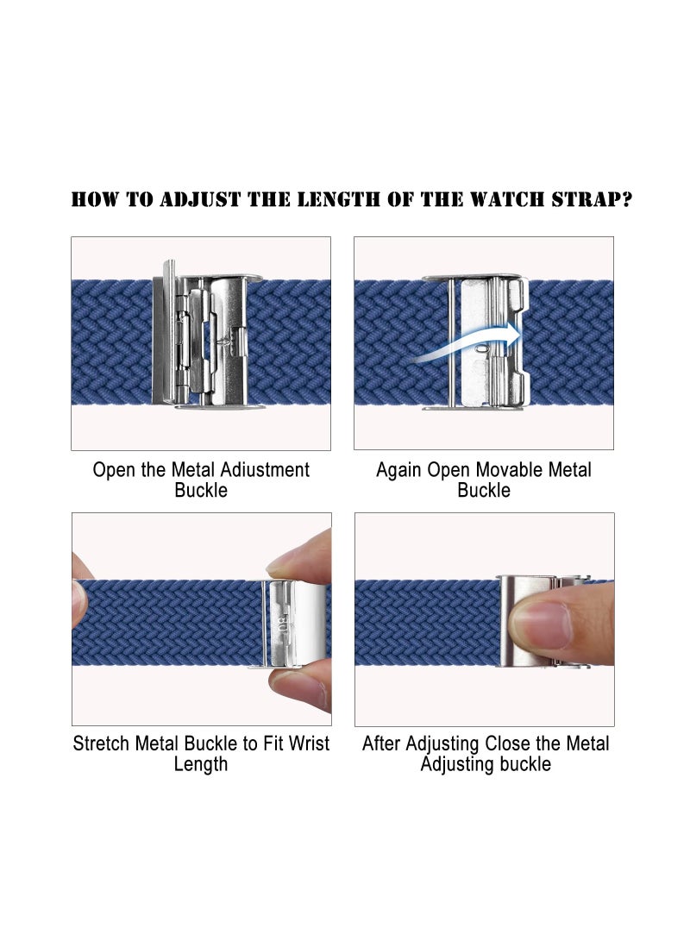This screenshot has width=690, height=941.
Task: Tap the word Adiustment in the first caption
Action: (264, 470)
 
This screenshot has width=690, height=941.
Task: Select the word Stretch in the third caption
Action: (103, 743)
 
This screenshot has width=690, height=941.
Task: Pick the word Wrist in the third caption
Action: (307, 743)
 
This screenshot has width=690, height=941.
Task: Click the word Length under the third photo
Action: (201, 764)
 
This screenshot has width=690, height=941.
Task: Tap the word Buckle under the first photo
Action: (201, 491)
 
